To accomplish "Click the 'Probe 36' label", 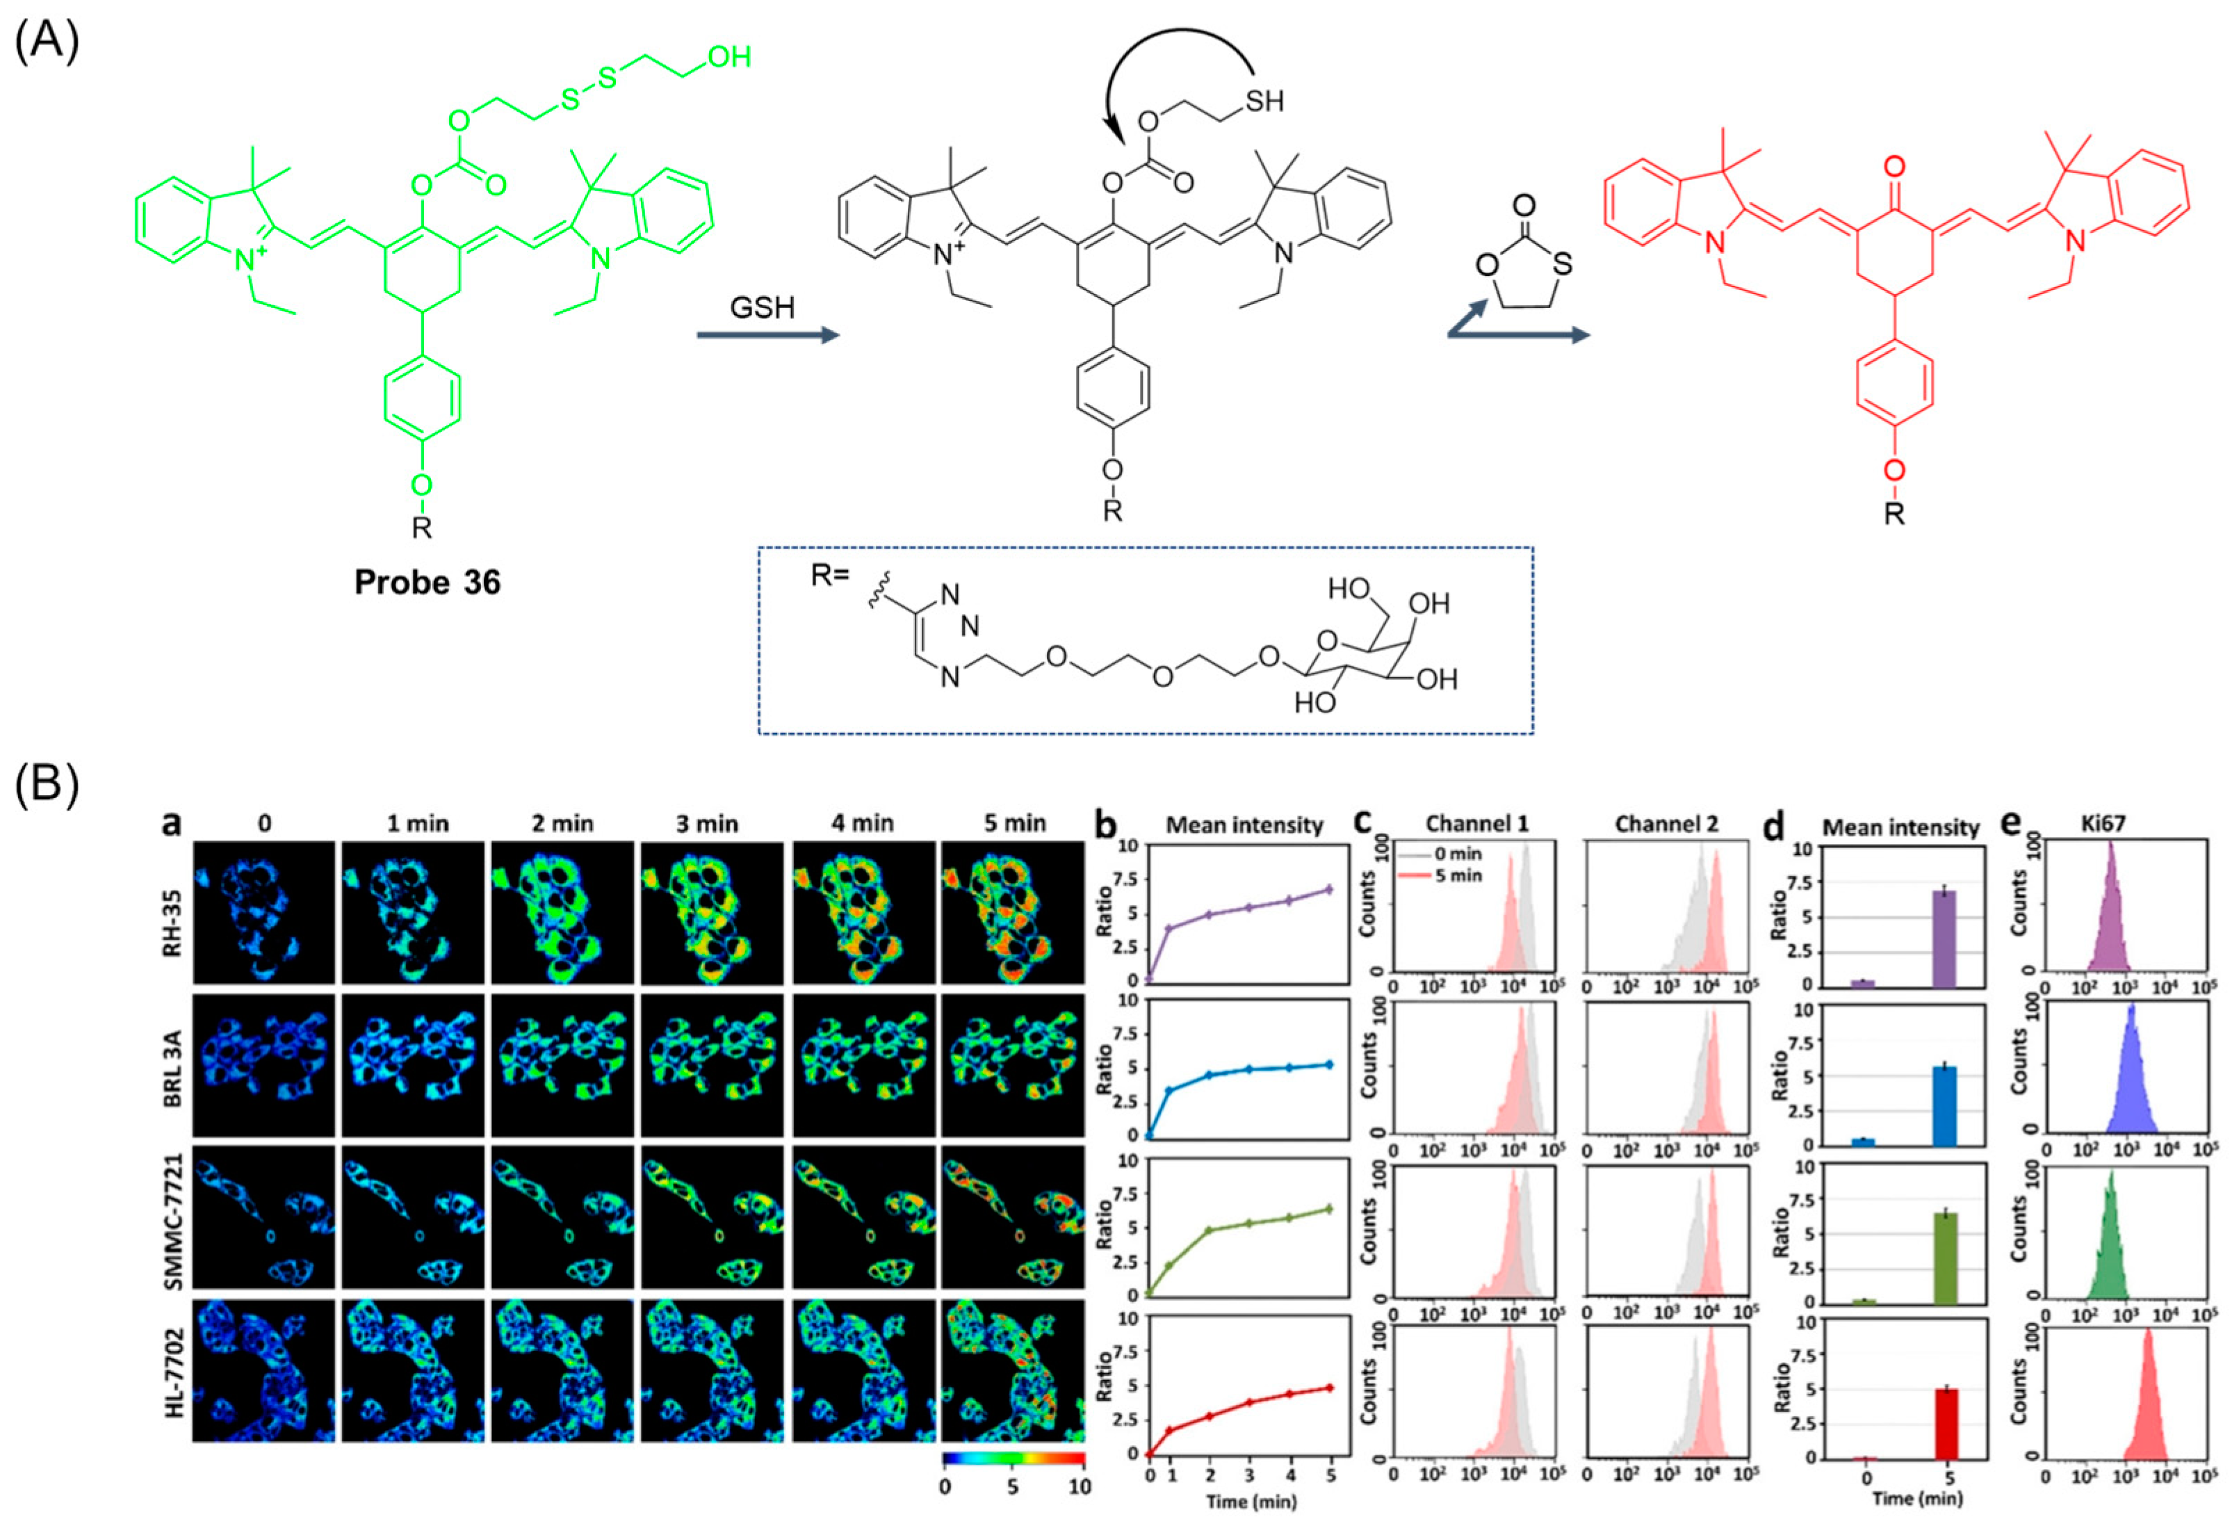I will [x=427, y=582].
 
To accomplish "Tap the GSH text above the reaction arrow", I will [x=763, y=307].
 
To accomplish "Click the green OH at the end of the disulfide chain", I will [x=729, y=57].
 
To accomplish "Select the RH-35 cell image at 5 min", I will [x=1012, y=912].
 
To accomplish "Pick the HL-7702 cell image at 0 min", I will [x=264, y=1370].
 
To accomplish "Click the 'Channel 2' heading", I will [x=1666, y=823].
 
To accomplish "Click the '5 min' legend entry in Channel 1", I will [x=1458, y=875].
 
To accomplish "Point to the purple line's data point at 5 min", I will [x=1328, y=889].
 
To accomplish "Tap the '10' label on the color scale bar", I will [x=1080, y=1486].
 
